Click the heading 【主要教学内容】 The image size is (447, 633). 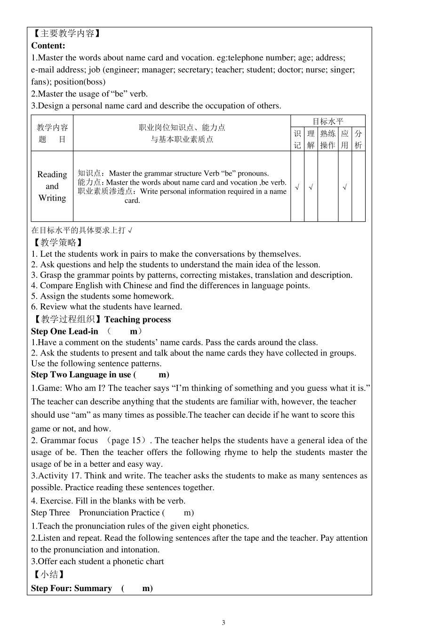pos(66,33)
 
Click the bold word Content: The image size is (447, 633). pos(48,46)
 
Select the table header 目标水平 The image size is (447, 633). pos(328,122)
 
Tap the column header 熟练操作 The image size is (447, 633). pos(328,139)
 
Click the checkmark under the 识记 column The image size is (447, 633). pos(297,187)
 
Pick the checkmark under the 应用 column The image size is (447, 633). pos(344,187)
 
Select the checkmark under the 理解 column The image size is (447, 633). pos(311,187)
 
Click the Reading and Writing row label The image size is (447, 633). pos(52,186)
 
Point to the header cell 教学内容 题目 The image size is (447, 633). pos(52,133)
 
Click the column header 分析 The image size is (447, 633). pos(358,139)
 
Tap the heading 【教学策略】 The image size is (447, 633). pos(57,243)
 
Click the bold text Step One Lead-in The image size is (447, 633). pos(64,331)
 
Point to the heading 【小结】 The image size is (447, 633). pos(48,575)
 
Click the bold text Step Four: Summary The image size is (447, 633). pos(72,588)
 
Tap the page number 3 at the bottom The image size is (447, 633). pos(223,623)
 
